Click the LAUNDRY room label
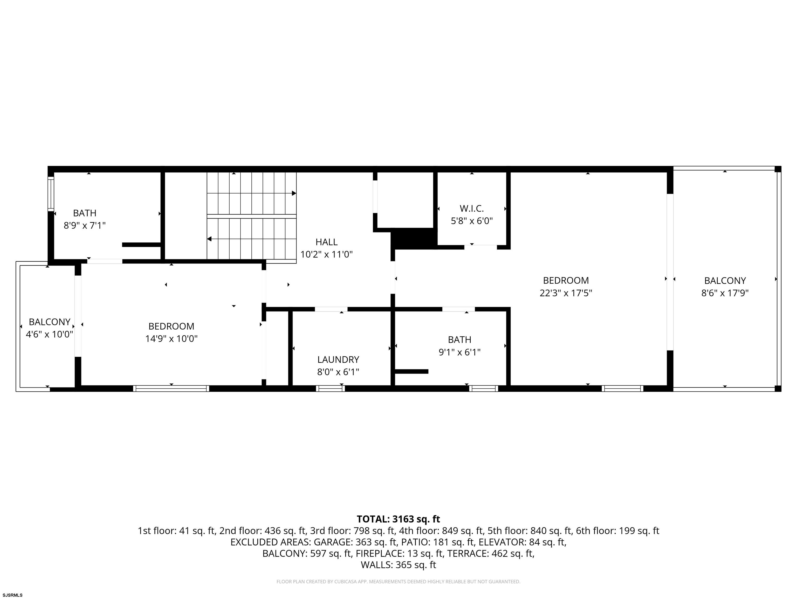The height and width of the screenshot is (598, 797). (338, 359)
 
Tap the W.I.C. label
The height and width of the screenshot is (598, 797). (472, 208)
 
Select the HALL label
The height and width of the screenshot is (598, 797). (326, 242)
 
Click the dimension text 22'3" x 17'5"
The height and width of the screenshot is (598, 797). (566, 293)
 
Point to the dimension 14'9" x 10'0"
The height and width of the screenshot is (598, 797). (171, 339)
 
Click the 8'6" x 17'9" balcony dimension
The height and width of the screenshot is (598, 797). (725, 293)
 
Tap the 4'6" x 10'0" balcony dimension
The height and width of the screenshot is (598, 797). (49, 334)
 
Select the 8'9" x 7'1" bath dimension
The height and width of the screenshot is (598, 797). (85, 226)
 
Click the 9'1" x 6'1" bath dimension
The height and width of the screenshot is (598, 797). (459, 352)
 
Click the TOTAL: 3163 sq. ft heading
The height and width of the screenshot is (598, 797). (398, 519)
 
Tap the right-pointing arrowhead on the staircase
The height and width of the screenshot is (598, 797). (294, 193)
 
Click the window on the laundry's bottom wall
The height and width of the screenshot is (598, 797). (331, 389)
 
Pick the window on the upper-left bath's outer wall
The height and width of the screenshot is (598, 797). (51, 194)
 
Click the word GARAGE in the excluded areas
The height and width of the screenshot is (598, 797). (333, 542)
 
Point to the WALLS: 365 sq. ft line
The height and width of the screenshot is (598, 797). (398, 565)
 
